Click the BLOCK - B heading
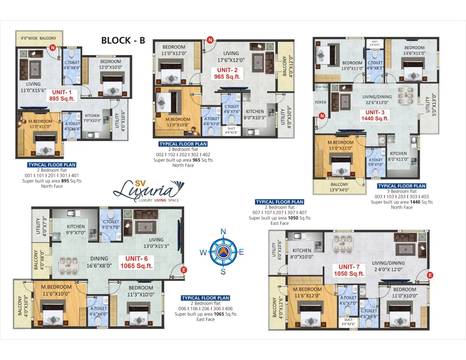pyautogui.click(x=123, y=40)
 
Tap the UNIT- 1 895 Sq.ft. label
pyautogui.click(x=62, y=96)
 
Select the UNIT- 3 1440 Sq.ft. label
pyautogui.click(x=375, y=115)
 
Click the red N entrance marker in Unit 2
pyautogui.click(x=210, y=40)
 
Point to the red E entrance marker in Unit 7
pyautogui.click(x=430, y=275)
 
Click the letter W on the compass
pyautogui.click(x=203, y=252)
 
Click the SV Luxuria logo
pyautogui.click(x=149, y=191)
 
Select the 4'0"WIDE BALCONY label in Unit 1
pyautogui.click(x=39, y=38)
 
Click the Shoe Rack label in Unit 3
pyautogui.click(x=321, y=87)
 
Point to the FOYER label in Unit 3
pyautogui.click(x=320, y=102)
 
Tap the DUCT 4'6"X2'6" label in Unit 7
pyautogui.click(x=348, y=322)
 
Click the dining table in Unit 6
pyautogui.click(x=69, y=266)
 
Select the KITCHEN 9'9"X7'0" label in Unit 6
pyautogui.click(x=76, y=229)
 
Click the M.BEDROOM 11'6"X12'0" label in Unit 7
pyautogui.click(x=307, y=292)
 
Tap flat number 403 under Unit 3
pyautogui.click(x=425, y=196)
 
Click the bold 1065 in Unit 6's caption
pyautogui.click(x=219, y=314)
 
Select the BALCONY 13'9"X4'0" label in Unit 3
pyautogui.click(x=339, y=187)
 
